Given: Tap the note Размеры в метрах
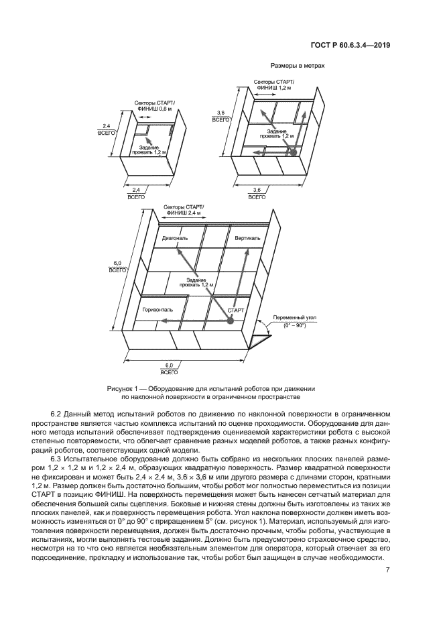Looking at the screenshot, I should pos(297,66).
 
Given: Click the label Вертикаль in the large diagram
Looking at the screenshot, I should pos(247,239).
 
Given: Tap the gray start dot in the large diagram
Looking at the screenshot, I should pos(229,322).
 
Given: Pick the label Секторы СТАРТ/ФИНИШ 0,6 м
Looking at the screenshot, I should pos(154,106).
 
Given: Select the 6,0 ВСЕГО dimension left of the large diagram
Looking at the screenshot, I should pos(118,266).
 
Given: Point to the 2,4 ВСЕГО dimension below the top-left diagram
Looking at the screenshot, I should pos(135,193).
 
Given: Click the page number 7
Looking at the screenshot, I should pos(388,569).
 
